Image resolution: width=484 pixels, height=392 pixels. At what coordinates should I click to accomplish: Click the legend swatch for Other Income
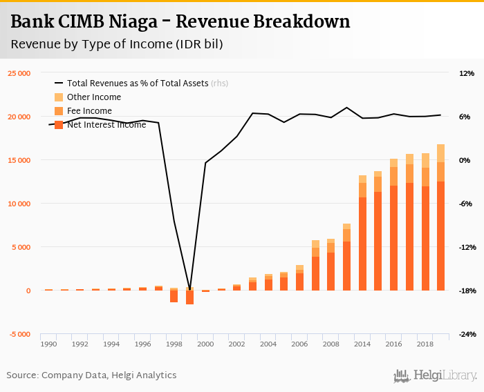pos(59,97)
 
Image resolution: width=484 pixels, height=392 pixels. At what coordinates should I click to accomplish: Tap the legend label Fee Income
pos(89,111)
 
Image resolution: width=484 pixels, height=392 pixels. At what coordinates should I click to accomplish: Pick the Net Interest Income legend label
pos(106,125)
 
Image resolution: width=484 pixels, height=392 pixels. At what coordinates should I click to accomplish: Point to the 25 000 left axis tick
pos(19,73)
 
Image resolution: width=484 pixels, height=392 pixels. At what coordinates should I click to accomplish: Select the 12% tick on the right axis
pos(465,73)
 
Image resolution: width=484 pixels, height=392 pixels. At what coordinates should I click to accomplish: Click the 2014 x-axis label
pos(362,343)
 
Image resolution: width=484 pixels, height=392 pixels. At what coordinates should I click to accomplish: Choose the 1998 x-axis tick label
pos(174,343)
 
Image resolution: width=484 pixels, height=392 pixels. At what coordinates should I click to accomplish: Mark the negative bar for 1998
pos(174,297)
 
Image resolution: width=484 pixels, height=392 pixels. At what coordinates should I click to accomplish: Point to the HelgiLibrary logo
pos(436,375)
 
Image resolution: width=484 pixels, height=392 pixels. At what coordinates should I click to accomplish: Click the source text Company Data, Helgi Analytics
pos(109,375)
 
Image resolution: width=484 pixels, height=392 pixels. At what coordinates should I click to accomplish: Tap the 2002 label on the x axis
pos(236,343)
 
